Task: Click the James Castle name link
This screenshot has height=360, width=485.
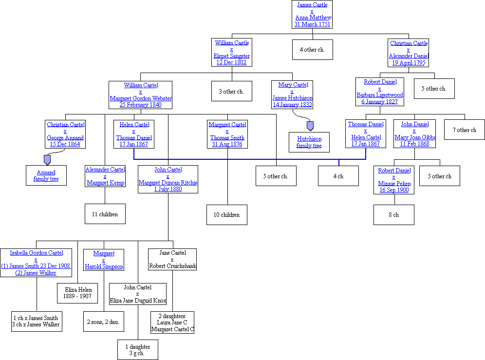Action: [312, 5]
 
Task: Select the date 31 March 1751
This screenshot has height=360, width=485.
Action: [312, 24]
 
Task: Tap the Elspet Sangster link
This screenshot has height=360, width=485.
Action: [231, 56]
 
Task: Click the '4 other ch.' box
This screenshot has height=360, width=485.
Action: [312, 50]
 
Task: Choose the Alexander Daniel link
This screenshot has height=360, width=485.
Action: [408, 56]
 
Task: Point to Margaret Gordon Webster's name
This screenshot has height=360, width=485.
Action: [141, 98]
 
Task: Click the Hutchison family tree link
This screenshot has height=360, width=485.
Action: [309, 142]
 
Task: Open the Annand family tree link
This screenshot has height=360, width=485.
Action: [46, 175]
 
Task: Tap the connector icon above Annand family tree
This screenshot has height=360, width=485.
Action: [47, 159]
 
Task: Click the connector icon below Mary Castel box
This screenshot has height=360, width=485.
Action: [310, 126]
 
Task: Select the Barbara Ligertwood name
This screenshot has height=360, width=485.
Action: [379, 95]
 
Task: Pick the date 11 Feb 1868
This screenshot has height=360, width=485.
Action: [415, 144]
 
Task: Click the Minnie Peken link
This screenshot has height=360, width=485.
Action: [394, 184]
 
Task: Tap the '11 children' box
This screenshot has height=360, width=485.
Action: [105, 214]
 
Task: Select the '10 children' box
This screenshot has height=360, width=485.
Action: [227, 215]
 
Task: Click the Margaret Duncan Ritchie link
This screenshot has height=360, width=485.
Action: [168, 183]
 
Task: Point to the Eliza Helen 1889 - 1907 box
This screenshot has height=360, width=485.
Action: [78, 293]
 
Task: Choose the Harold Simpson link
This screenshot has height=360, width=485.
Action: [104, 266]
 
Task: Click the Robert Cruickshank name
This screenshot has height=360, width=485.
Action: [172, 266]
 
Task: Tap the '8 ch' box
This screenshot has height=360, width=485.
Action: [393, 215]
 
